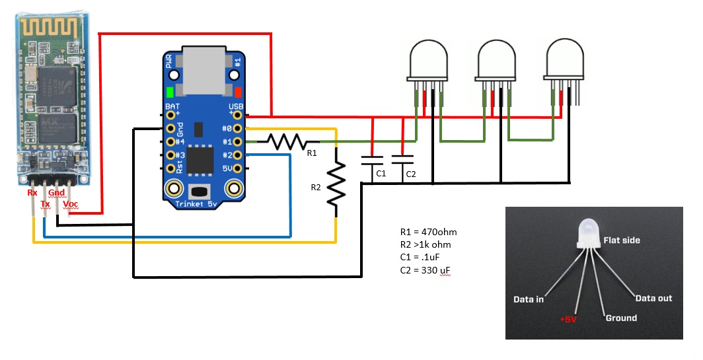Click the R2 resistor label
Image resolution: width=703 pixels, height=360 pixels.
click(x=316, y=187)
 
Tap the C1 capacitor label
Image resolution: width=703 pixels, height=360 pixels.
click(x=381, y=174)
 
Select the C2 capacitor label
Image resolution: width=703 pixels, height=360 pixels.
click(x=410, y=174)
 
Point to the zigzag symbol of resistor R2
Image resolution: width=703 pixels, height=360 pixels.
click(x=336, y=182)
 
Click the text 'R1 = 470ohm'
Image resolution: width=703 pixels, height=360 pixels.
click(x=428, y=232)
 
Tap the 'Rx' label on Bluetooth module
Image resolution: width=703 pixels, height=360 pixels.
click(x=32, y=193)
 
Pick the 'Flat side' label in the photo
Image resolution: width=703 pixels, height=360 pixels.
click(x=622, y=240)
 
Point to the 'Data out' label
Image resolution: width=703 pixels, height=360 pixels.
click(x=653, y=299)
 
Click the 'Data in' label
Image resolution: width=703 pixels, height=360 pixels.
click(x=529, y=299)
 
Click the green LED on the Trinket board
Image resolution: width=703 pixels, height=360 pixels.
click(x=170, y=92)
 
